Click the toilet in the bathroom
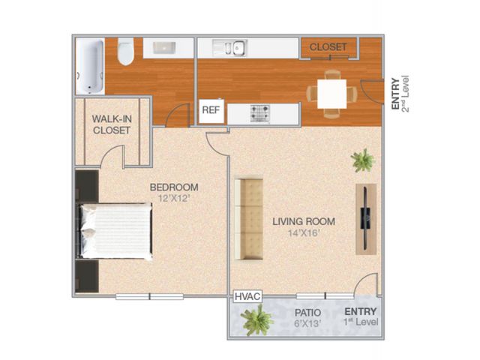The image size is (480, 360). [125, 52]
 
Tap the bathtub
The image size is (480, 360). [90, 66]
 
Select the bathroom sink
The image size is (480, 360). [164, 48]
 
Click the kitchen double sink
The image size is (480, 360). [229, 48]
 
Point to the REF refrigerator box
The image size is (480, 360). [211, 110]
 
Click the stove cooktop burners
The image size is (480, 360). [260, 113]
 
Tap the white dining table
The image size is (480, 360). [331, 94]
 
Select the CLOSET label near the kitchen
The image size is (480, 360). [328, 47]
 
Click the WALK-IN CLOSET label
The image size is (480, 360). [112, 124]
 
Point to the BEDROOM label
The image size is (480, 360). [174, 187]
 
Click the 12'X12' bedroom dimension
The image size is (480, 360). [174, 198]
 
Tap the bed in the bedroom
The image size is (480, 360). [115, 231]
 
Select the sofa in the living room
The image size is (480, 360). [248, 219]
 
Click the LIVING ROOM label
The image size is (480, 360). [304, 221]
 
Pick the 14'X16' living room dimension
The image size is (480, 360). [304, 233]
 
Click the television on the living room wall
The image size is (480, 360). [365, 218]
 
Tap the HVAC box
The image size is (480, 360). [247, 296]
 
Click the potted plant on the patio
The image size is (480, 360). [257, 320]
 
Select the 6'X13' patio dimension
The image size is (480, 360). [308, 323]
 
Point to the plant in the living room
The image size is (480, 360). [363, 160]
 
